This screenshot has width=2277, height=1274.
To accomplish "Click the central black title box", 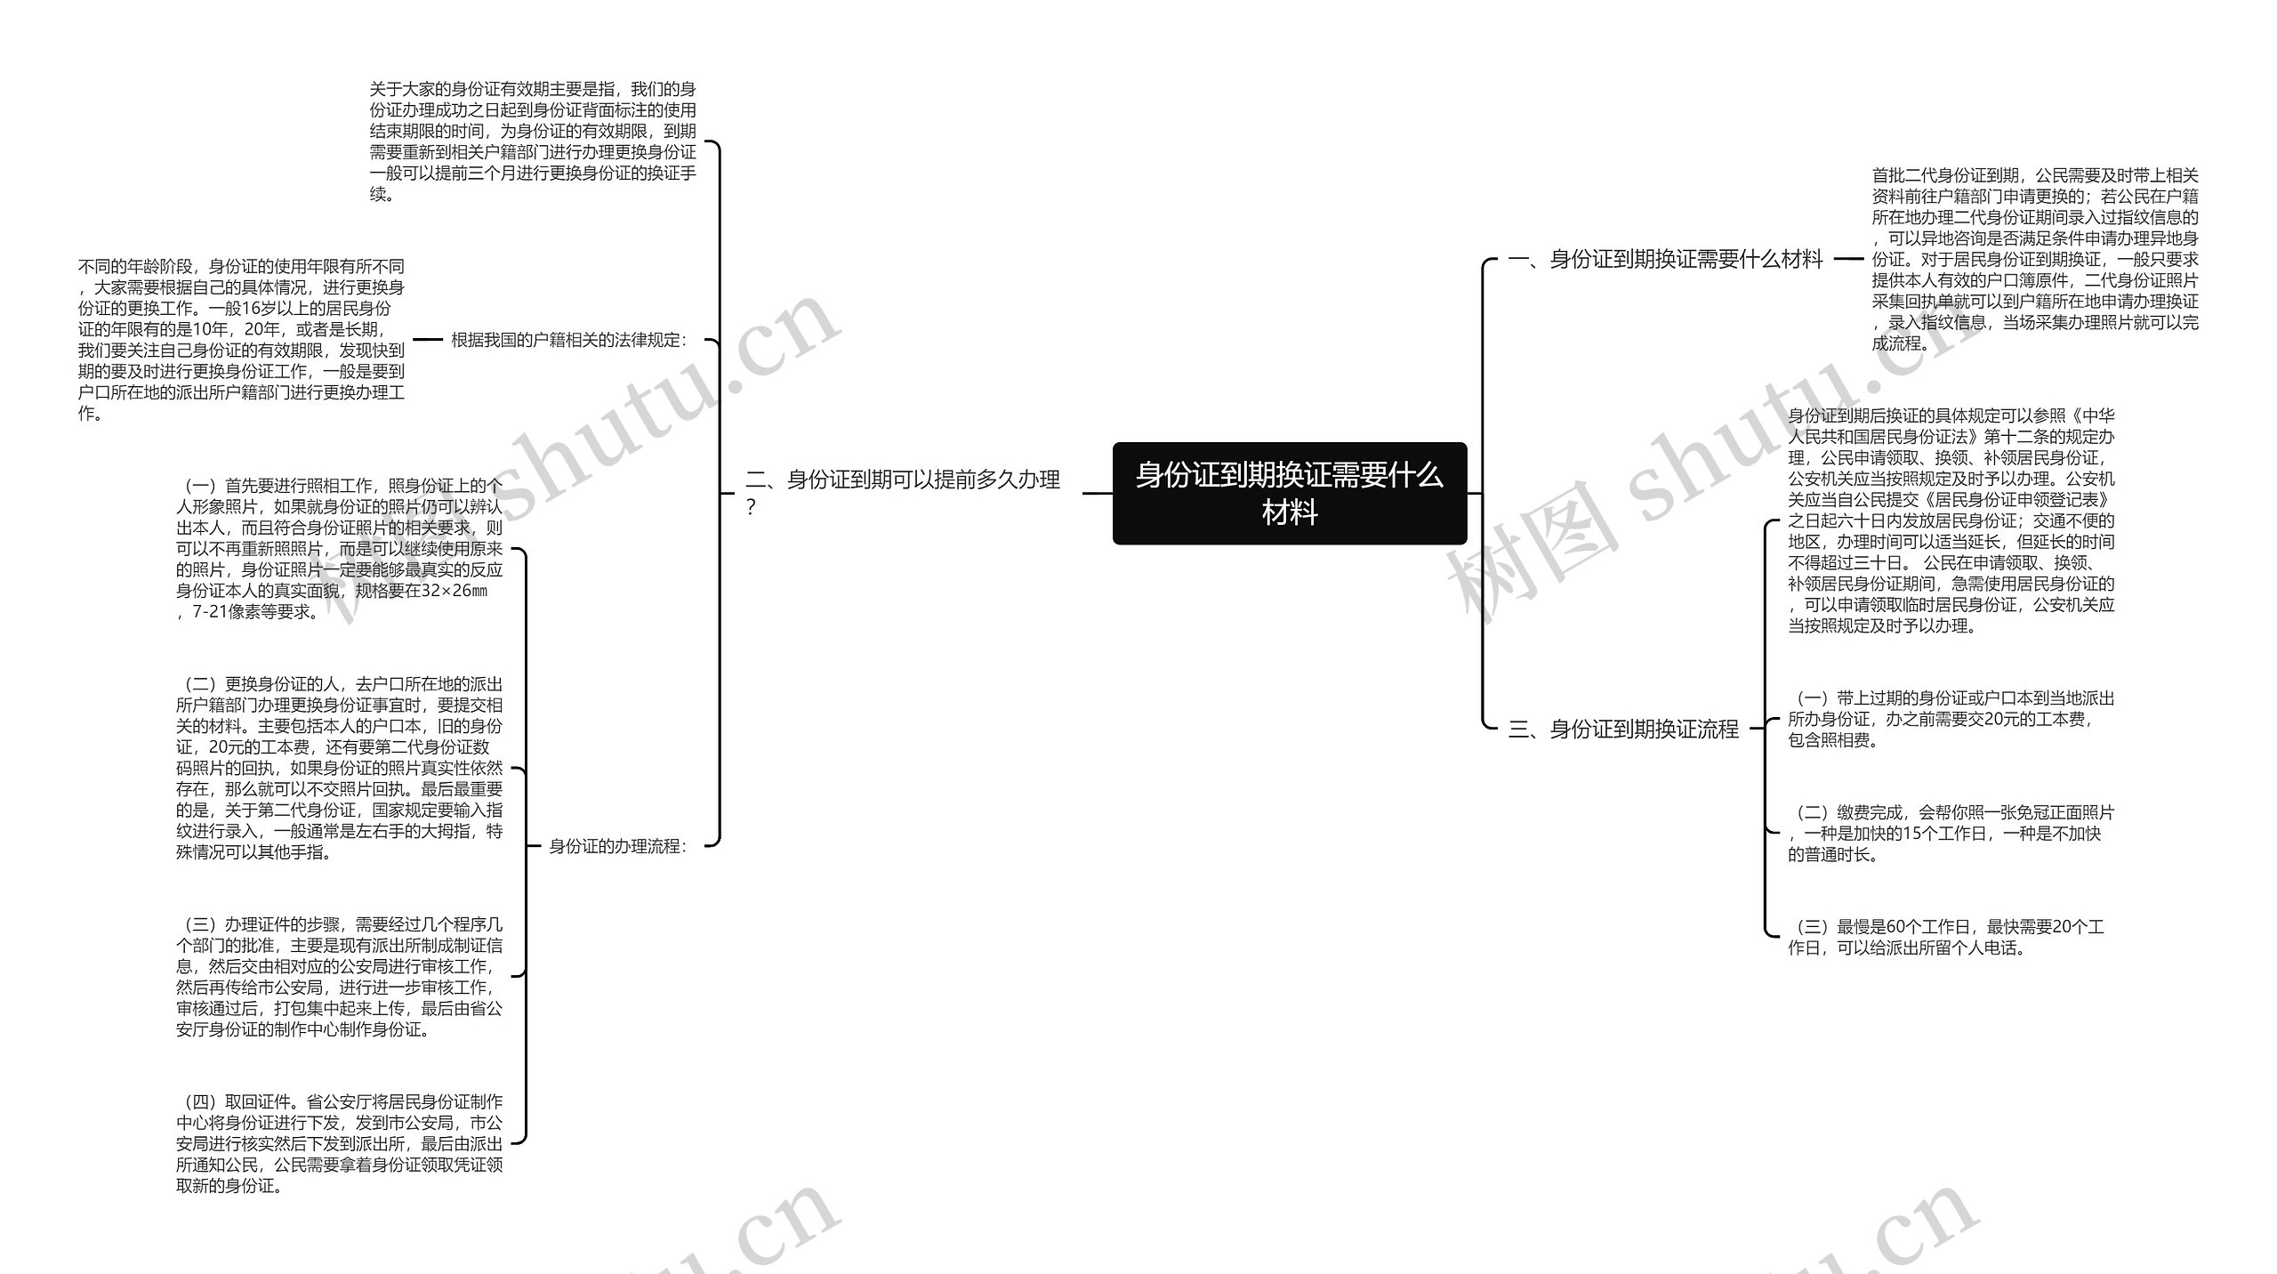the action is pyautogui.click(x=1289, y=493).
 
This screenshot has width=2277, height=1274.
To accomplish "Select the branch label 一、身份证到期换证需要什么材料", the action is pyautogui.click(x=1665, y=260).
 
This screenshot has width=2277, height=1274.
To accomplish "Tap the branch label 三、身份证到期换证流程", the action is pyautogui.click(x=1623, y=730).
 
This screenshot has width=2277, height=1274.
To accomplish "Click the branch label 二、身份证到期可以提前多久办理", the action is pyautogui.click(x=902, y=481).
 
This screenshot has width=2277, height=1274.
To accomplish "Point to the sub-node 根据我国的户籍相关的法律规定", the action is pyautogui.click(x=568, y=340).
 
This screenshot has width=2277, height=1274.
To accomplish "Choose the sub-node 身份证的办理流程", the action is pyautogui.click(x=617, y=846).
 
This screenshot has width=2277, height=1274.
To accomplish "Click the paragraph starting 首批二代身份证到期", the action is pyautogui.click(x=2034, y=260).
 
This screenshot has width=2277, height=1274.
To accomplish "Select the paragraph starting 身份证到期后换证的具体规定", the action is pyautogui.click(x=1951, y=520).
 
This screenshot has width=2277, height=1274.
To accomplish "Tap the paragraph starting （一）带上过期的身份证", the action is pyautogui.click(x=1951, y=719).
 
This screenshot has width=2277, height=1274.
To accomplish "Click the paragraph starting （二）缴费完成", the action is pyautogui.click(x=1951, y=834).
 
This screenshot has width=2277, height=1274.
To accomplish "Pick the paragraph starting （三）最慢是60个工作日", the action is pyautogui.click(x=1945, y=938).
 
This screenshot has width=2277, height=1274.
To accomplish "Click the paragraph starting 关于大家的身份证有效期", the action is pyautogui.click(x=533, y=141).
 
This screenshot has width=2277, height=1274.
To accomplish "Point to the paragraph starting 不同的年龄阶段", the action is pyautogui.click(x=241, y=340).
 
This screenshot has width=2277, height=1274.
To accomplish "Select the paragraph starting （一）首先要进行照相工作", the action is pyautogui.click(x=339, y=548).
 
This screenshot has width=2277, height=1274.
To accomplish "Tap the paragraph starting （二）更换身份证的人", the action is pyautogui.click(x=339, y=768).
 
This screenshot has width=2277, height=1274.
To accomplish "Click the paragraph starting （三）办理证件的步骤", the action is pyautogui.click(x=339, y=977).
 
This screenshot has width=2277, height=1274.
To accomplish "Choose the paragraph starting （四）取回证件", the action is pyautogui.click(x=339, y=1143).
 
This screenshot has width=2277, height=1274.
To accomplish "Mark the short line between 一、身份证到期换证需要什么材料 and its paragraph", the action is pyautogui.click(x=1848, y=260).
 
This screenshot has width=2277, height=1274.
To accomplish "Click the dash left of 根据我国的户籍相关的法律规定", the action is pyautogui.click(x=428, y=340).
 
